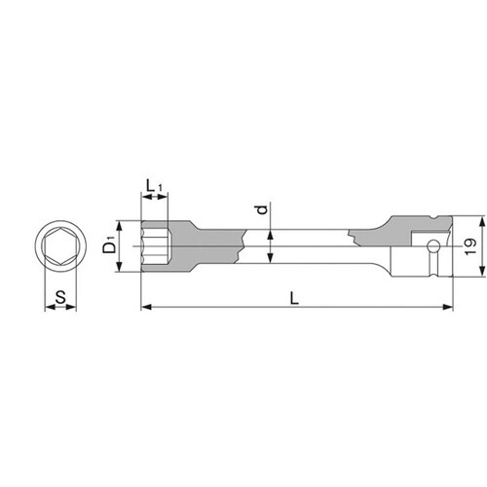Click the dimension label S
coord(60,297)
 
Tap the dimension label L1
coord(154,186)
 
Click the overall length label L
coord(294,298)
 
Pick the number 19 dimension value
coord(471,246)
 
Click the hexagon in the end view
coord(60,246)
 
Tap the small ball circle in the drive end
coord(432,245)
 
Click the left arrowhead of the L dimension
coord(147,307)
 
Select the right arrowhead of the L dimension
coord(448,307)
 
